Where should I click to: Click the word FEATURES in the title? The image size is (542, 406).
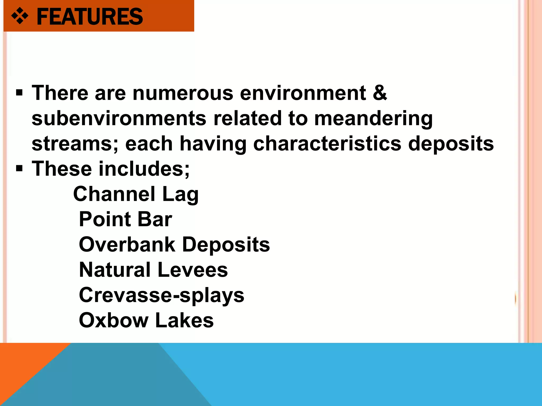tap(90, 17)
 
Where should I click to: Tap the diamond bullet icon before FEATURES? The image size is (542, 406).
tap(20, 16)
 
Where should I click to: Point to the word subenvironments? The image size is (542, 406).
tap(119, 118)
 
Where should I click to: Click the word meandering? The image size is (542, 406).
tap(373, 118)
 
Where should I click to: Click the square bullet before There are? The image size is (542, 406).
tap(19, 93)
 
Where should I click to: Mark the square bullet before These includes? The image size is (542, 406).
tap(19, 169)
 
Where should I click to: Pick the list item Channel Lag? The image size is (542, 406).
tap(136, 194)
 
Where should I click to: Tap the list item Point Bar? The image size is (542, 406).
tap(125, 219)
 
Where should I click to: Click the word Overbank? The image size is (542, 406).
tap(127, 244)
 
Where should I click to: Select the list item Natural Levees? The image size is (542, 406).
tap(153, 270)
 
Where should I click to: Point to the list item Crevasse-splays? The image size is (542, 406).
tap(161, 295)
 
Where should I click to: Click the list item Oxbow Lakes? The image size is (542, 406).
tap(146, 320)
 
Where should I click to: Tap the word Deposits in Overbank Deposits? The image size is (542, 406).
tap(226, 244)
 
